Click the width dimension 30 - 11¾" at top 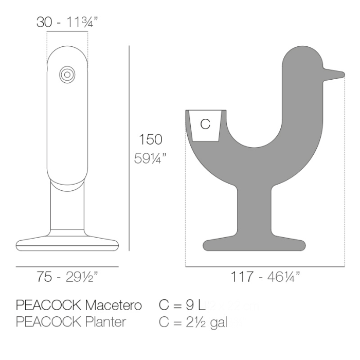(x=67, y=23)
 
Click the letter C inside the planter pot (x=205, y=124)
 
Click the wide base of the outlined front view (x=67, y=242)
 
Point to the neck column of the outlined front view (x=67, y=206)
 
